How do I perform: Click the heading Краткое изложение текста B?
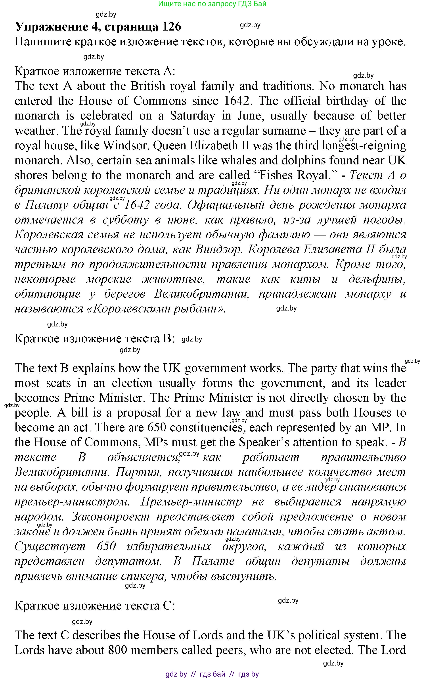[x=94, y=338]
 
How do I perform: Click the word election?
[x=132, y=383]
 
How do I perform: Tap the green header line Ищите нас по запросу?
[x=212, y=4]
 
